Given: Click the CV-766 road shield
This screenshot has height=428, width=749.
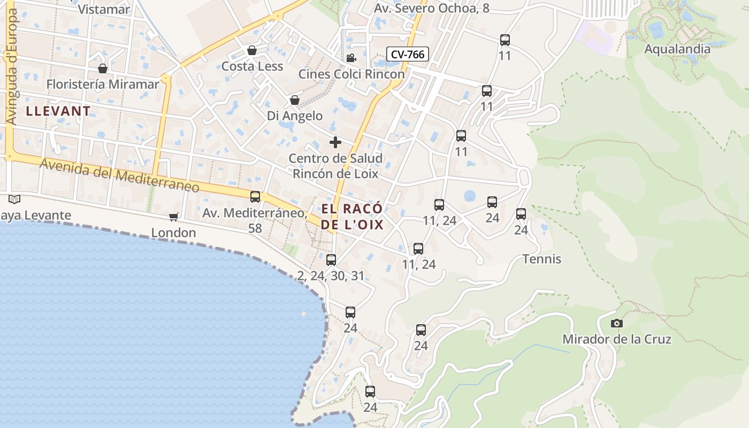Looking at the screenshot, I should point(408,54).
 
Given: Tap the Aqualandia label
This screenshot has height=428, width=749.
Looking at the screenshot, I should point(677,49).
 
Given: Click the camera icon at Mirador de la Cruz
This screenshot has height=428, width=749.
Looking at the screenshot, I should point(617,323).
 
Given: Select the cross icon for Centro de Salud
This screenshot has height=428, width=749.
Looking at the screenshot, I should point(335,142).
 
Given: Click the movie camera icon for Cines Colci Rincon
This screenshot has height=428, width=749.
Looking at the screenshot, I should point(351,58).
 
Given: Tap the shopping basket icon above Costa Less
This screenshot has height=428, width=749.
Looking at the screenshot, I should point(252,50).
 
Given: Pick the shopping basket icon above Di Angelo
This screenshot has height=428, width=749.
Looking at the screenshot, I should point(294,100).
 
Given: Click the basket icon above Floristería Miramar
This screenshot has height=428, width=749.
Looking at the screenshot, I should point(103,68).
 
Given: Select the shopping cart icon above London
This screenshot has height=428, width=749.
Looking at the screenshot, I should point(173,217).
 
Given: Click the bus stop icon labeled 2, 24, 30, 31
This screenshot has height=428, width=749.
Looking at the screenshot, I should point(331,260).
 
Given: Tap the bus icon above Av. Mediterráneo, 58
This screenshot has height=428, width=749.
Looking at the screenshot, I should point(255,197).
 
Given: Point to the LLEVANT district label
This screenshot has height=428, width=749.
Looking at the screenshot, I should point(58,111).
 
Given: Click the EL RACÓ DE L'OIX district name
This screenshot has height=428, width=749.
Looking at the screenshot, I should point(353,216).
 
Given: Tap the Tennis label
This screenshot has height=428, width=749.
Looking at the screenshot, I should point(541,259).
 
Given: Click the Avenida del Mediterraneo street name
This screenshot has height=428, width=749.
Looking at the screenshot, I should point(119,175).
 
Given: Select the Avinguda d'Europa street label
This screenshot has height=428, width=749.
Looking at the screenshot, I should point(12,67).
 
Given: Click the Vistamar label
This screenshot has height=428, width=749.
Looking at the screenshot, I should point(104,9).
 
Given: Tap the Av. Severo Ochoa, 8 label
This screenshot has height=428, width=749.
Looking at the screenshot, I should point(431,8).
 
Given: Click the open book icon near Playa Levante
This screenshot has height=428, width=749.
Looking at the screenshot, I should point(14,199).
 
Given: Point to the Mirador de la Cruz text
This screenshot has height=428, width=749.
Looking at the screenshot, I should point(616,339).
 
